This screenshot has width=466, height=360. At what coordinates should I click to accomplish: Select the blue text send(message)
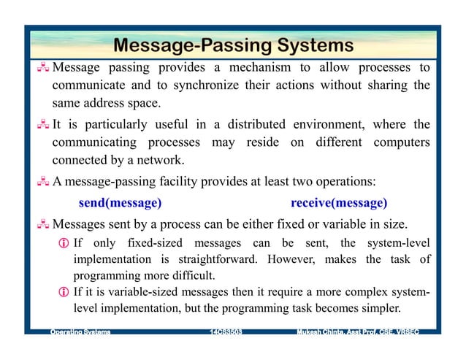click(x=120, y=202)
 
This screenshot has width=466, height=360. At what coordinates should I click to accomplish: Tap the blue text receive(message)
click(x=338, y=202)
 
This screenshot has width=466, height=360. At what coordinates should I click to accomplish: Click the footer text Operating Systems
click(x=80, y=333)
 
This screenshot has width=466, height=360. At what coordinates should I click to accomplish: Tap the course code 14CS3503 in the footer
click(x=226, y=333)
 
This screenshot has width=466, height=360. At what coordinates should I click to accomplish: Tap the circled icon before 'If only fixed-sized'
click(x=64, y=242)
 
